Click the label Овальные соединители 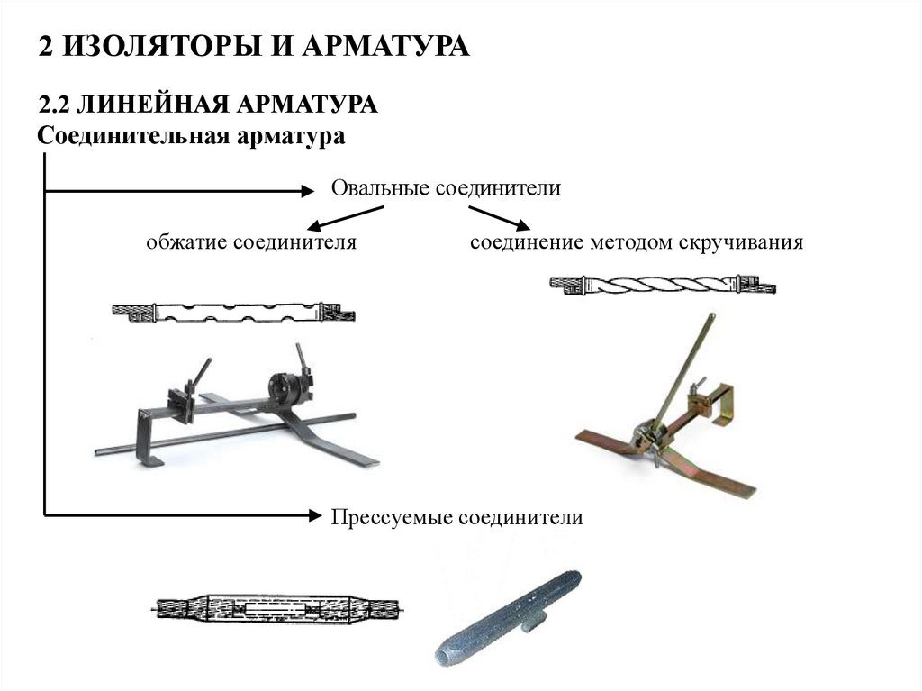coord(447,189)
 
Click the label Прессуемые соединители coord(457,517)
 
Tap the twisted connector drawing coord(662,286)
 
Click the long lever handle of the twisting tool coord(685,369)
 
